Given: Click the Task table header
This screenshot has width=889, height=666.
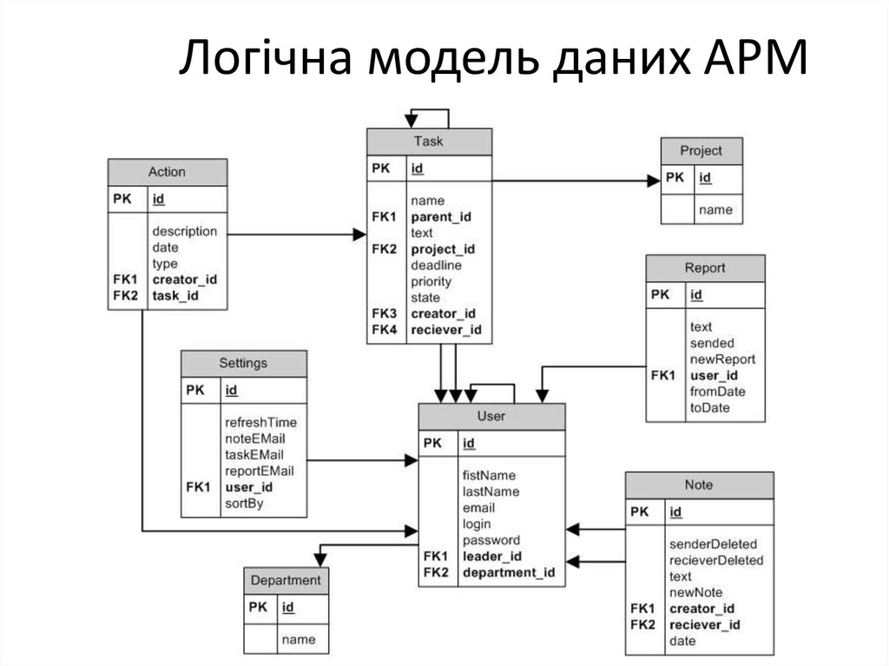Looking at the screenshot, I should (x=429, y=142).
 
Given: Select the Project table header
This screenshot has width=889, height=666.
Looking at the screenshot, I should (x=701, y=150).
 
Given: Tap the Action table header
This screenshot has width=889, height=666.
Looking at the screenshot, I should (x=167, y=172).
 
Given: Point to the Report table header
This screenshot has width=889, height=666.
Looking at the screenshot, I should (x=704, y=268).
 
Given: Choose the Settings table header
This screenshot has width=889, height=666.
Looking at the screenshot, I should (x=243, y=363).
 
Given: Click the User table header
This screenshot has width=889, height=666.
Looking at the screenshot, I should (x=491, y=417).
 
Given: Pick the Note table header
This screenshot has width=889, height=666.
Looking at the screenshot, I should (x=699, y=485).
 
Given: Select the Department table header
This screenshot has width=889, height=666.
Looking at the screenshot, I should (x=286, y=580).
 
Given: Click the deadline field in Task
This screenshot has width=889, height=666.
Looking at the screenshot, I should (x=436, y=266).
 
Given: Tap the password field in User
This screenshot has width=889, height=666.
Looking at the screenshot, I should (x=491, y=540).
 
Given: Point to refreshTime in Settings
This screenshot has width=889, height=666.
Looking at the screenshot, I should (x=260, y=422).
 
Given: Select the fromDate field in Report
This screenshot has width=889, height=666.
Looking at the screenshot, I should (x=717, y=392).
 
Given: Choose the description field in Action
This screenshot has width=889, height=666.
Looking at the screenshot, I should (x=184, y=231).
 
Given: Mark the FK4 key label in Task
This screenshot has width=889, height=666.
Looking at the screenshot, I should (x=384, y=330).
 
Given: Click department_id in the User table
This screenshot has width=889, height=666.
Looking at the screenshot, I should (x=508, y=572).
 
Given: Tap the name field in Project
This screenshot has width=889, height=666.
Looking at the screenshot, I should (x=715, y=209).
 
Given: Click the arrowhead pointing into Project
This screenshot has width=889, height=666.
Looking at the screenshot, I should (x=654, y=181).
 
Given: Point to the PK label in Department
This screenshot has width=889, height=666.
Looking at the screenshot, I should (x=258, y=607).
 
